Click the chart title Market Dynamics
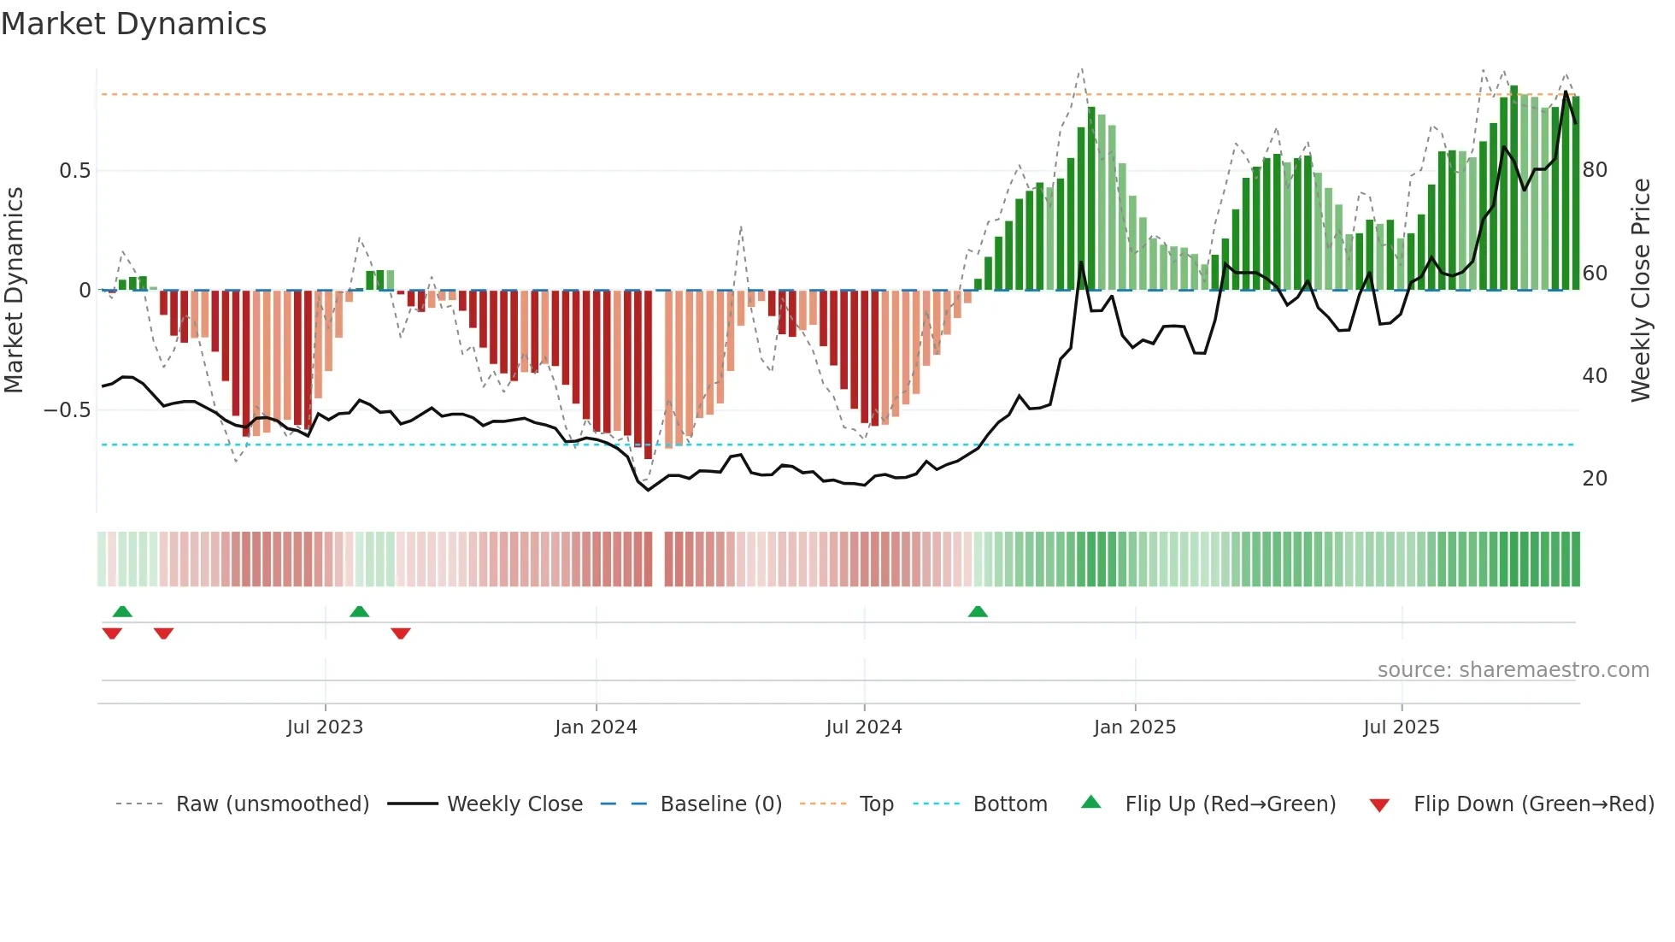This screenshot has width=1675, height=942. [x=134, y=24]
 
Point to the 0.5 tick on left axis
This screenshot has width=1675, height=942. [x=74, y=171]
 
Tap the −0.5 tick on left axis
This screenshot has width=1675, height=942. [x=68, y=410]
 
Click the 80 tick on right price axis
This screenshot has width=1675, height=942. [x=1595, y=170]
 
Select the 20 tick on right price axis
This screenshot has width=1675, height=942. [x=1595, y=479]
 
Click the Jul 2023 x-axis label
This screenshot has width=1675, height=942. [x=325, y=727]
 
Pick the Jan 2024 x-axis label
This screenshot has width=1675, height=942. [x=596, y=727]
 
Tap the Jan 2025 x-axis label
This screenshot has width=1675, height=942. [x=1134, y=727]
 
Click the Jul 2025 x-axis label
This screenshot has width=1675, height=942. [x=1401, y=727]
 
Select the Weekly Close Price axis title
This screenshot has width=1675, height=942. [x=1641, y=291]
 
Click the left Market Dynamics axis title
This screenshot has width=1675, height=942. [x=14, y=291]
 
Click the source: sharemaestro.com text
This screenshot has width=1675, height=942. [x=1513, y=670]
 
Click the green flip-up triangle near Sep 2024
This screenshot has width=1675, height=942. [x=978, y=611]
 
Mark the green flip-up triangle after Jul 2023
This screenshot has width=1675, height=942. [x=359, y=611]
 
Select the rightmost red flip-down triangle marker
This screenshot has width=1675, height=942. [x=401, y=633]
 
